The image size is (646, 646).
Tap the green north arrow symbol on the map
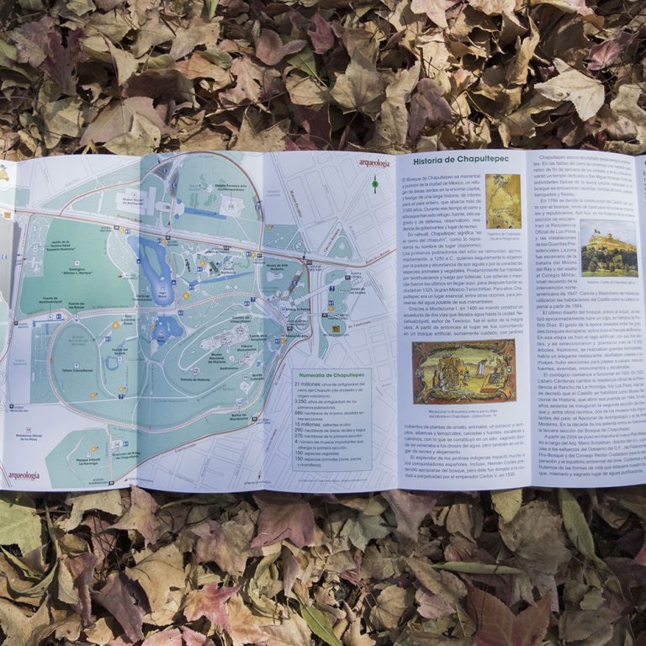[x=375, y=183]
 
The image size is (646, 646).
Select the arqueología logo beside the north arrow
[x=373, y=163]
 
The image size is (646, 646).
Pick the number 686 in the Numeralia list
[x=299, y=412]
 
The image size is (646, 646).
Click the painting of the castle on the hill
[x=608, y=247]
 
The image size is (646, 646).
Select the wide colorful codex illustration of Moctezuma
[x=463, y=371]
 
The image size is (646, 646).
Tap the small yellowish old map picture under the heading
[x=504, y=202]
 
